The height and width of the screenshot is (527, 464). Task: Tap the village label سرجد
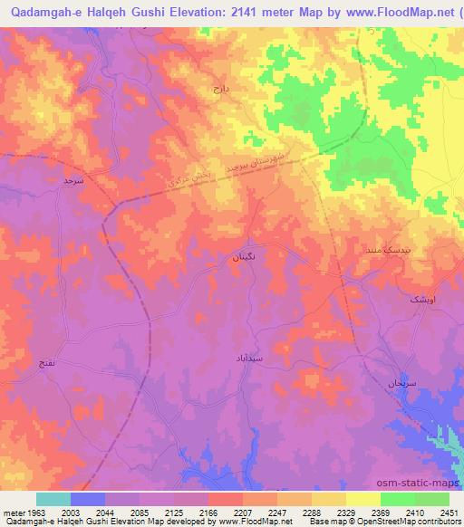coord(72,181)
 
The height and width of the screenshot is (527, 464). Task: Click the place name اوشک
coord(422,298)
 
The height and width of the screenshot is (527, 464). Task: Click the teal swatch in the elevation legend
coord(53,499)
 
